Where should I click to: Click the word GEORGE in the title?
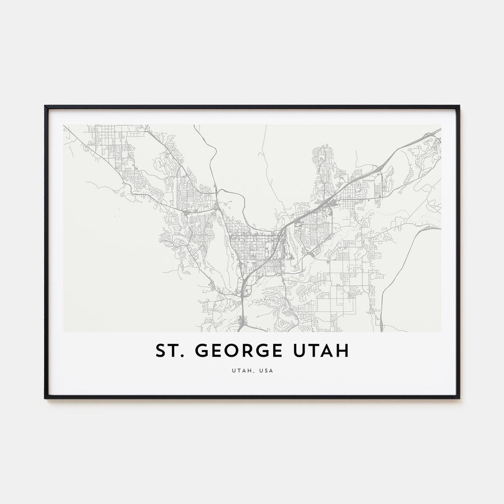coord(246,351)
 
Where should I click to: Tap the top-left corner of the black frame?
coord(46,106)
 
